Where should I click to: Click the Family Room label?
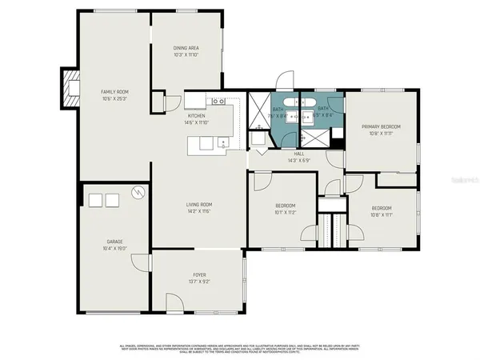114,92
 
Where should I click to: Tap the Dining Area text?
186,49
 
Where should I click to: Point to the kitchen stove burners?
216,102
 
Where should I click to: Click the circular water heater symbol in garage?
138,193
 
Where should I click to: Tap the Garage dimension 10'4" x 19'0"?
115,249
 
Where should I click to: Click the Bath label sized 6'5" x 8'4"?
323,113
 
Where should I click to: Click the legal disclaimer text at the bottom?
240,349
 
